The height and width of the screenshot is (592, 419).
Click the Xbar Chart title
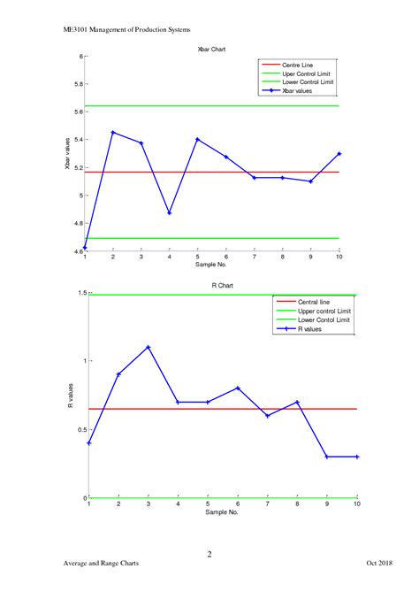pyautogui.click(x=212, y=50)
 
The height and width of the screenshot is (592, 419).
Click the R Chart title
pyautogui.click(x=222, y=286)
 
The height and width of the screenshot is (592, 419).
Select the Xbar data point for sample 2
pyautogui.click(x=113, y=133)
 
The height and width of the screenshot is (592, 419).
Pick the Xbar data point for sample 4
pyautogui.click(x=169, y=213)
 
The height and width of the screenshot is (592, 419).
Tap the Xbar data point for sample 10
pyautogui.click(x=339, y=154)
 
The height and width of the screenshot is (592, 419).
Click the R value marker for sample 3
pyautogui.click(x=149, y=347)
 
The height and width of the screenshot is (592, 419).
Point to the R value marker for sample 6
pyautogui.click(x=238, y=388)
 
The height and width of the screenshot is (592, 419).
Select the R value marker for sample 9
pyautogui.click(x=327, y=457)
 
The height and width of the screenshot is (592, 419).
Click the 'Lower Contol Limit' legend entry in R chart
pyautogui.click(x=324, y=320)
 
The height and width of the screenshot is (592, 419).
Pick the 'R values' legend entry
pyautogui.click(x=310, y=329)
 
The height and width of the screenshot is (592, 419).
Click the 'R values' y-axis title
pyautogui.click(x=70, y=395)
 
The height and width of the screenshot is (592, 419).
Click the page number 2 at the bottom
pyautogui.click(x=209, y=555)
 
